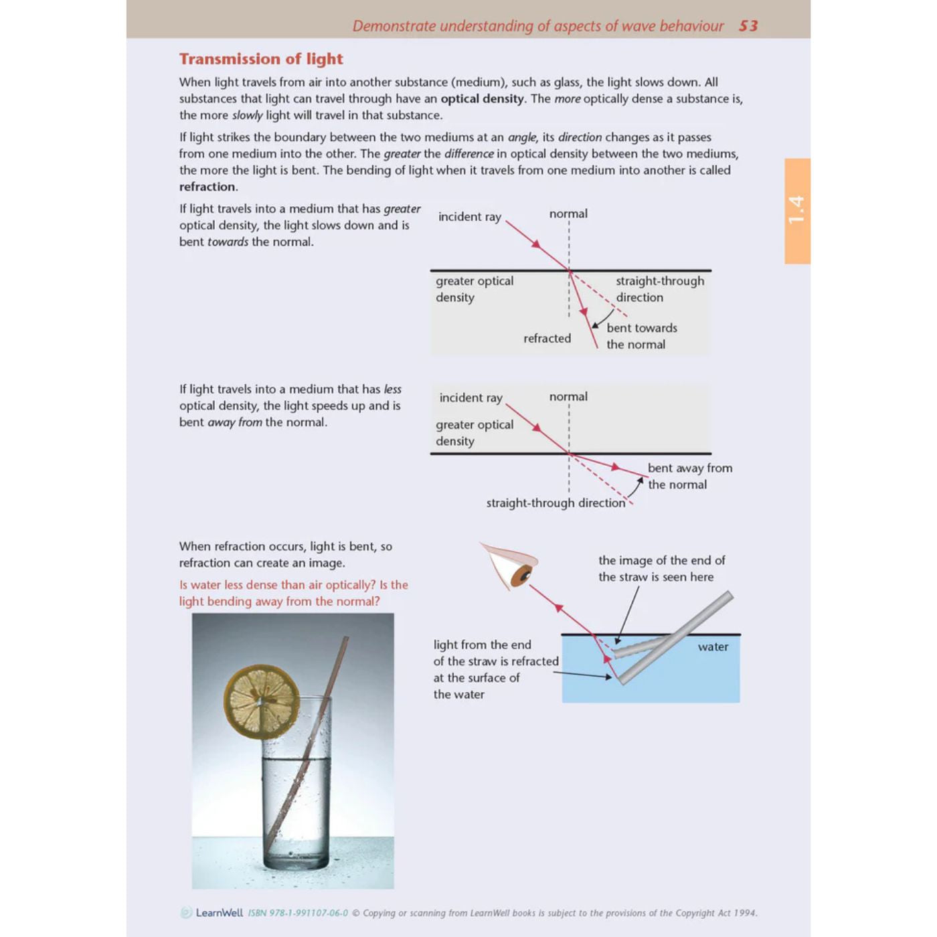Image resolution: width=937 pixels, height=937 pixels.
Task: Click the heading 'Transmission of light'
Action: pos(261,59)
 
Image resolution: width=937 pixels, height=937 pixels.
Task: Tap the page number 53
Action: pos(748,26)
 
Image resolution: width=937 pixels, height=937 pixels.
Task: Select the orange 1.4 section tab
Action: pos(797,210)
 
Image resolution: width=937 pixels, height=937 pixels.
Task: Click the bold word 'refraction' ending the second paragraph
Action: pos(207,187)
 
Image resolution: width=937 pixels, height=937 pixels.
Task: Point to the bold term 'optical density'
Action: pos(482,98)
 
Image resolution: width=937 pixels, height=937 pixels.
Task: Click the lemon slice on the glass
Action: pos(262,701)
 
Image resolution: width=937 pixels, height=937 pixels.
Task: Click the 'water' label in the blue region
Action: pos(713,647)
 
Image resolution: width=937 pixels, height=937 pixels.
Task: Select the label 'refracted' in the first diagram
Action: pos(547,339)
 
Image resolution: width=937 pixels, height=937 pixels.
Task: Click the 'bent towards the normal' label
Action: pos(641,336)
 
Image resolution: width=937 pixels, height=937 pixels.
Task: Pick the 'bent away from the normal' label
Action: pos(689,476)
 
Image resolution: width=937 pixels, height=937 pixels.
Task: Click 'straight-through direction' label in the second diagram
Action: pos(555,503)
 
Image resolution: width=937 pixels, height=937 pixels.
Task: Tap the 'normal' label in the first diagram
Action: pos(568,214)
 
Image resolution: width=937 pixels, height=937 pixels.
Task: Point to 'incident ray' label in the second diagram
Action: pos(471,398)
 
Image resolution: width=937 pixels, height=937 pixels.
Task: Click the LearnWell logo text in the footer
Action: pos(219,912)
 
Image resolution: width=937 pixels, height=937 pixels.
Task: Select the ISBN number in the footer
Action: pos(298,913)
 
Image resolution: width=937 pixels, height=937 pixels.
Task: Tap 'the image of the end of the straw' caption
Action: pos(661,568)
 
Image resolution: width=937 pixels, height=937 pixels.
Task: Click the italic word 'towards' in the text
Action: pos(228,242)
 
